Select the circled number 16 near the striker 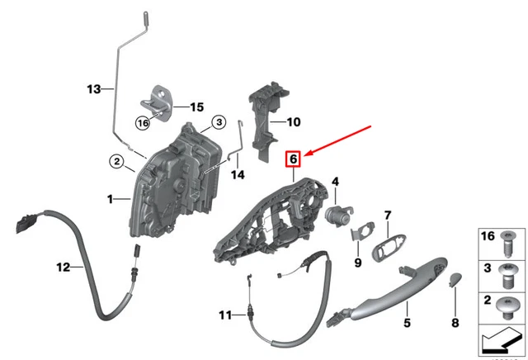coord(142,122)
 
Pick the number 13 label coord(94,88)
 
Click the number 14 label coord(238,175)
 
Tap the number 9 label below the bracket coord(357,263)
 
